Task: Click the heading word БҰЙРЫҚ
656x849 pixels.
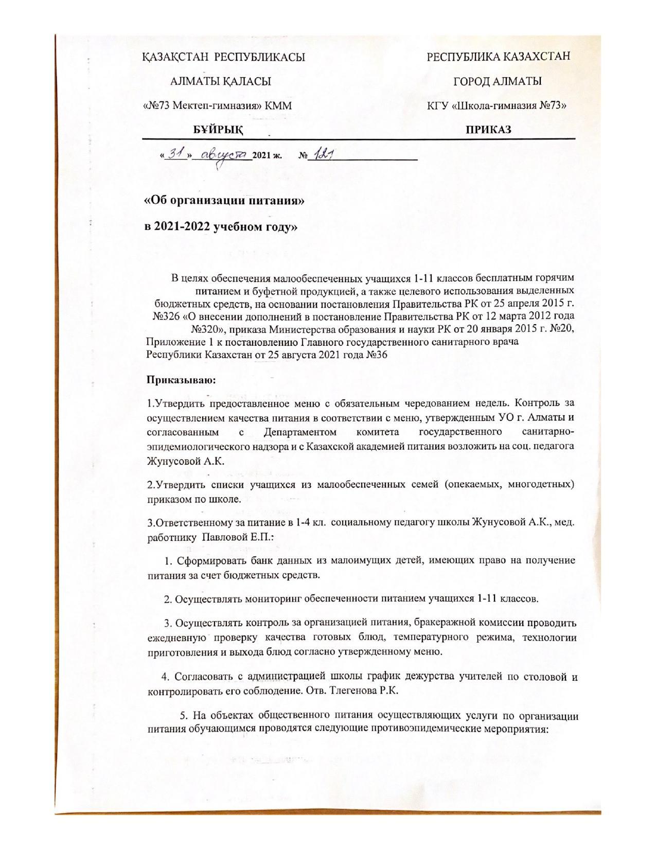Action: point(218,130)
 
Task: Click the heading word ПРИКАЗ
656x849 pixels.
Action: point(488,130)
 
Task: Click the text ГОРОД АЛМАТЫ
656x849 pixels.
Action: point(497,81)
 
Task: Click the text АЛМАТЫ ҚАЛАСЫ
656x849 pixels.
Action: point(220,81)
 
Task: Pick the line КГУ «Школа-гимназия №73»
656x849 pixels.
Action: point(497,106)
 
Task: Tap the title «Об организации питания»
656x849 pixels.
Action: point(223,201)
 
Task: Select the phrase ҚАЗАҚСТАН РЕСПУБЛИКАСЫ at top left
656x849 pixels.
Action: point(224,57)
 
